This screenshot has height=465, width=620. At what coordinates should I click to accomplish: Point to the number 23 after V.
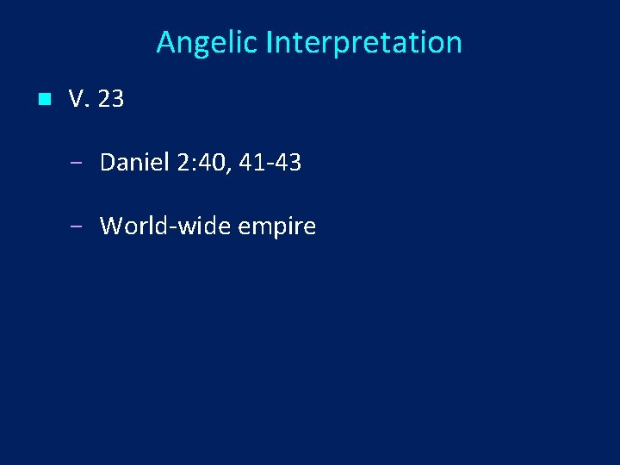pyautogui.click(x=111, y=100)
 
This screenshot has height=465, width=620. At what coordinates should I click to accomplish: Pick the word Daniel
pyautogui.click(x=133, y=162)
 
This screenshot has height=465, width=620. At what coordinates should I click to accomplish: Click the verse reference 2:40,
pyautogui.click(x=203, y=162)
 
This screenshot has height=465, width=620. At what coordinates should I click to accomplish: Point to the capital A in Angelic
pyautogui.click(x=165, y=42)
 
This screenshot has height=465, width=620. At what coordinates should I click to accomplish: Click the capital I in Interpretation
pyautogui.click(x=270, y=42)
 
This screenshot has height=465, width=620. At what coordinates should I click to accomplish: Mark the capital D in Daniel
pyautogui.click(x=108, y=162)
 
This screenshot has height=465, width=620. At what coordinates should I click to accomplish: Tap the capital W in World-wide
pyautogui.click(x=112, y=226)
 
